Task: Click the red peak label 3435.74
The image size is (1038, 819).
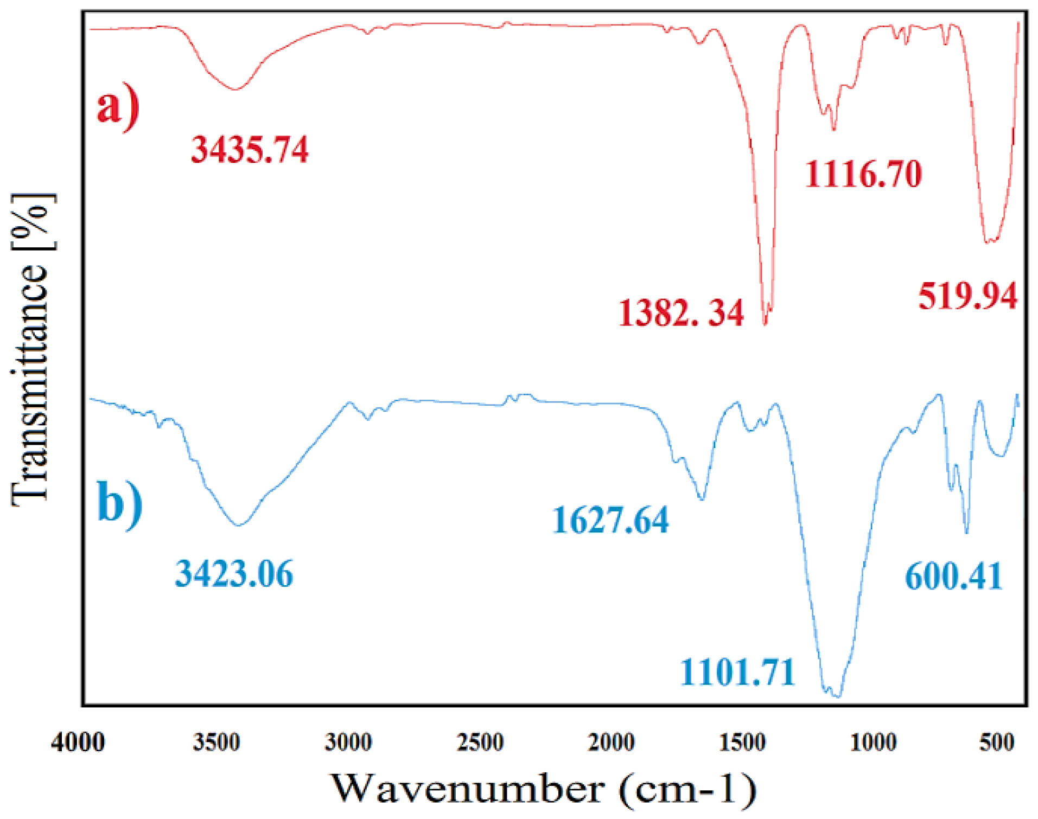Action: tap(250, 150)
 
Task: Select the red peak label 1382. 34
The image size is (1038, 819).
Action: tap(681, 313)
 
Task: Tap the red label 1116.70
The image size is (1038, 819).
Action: tap(863, 174)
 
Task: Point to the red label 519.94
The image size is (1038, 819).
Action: tap(967, 297)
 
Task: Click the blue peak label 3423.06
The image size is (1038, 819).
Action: tap(234, 574)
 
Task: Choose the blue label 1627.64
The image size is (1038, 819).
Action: tap(610, 520)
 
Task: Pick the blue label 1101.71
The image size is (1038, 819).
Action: tap(738, 672)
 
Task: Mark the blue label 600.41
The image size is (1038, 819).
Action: tap(953, 576)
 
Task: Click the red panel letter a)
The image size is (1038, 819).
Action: tap(118, 107)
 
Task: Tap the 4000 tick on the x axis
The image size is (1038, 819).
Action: tap(78, 742)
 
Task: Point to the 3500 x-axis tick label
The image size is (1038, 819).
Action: tap(216, 742)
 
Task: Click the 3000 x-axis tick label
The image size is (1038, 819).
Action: tap(348, 742)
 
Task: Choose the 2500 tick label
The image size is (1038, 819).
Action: tap(480, 742)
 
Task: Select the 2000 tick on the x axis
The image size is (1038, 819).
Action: tap(612, 742)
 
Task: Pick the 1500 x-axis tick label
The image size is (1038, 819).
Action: tap(743, 742)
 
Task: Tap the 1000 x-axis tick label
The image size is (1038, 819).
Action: tap(873, 742)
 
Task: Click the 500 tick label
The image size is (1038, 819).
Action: tap(997, 742)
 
